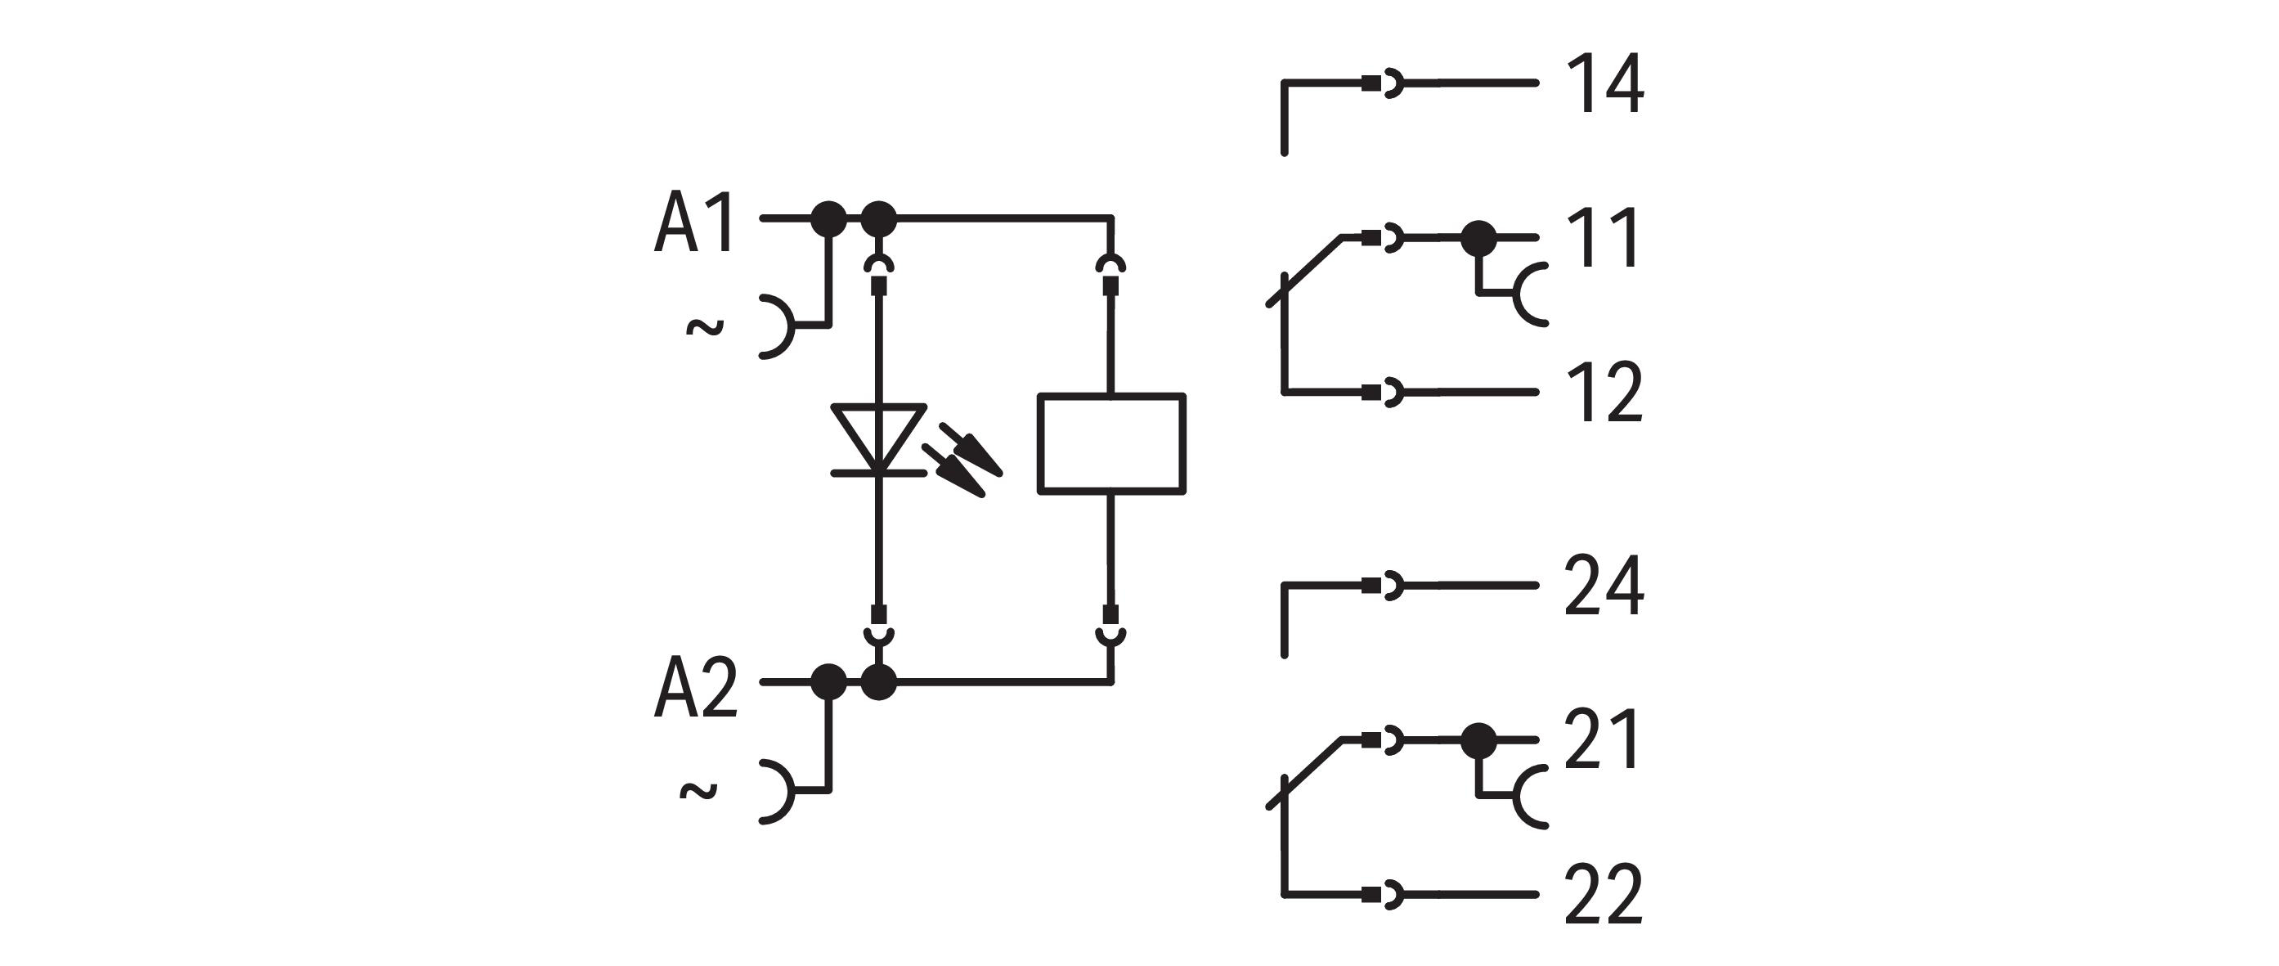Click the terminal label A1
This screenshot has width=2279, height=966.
[x=694, y=225]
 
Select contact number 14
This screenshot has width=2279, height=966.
[x=1605, y=85]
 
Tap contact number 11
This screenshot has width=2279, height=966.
[x=1603, y=238]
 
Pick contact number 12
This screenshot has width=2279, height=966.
[x=1604, y=393]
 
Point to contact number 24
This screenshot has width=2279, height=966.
[x=1604, y=586]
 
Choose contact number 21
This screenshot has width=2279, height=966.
[x=1602, y=739]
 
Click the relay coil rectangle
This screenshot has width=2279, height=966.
[x=1111, y=443]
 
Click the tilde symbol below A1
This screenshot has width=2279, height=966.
[x=705, y=328]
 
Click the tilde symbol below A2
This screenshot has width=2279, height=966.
[x=698, y=791]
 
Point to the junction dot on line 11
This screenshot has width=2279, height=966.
[x=1478, y=238]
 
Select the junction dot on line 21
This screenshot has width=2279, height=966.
[x=1478, y=739]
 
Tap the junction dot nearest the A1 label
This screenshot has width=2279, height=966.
[x=829, y=218]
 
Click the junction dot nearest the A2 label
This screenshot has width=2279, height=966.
[x=829, y=682]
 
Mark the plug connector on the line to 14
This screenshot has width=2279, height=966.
[x=1383, y=84]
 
